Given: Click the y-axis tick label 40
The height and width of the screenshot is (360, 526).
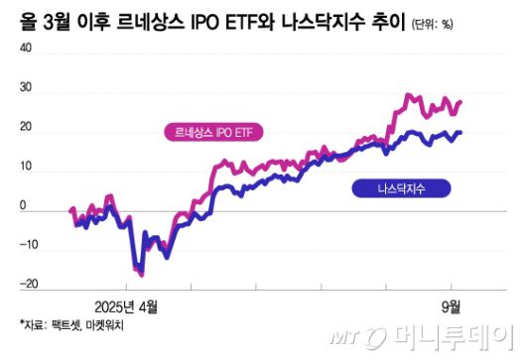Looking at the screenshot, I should tap(25, 48).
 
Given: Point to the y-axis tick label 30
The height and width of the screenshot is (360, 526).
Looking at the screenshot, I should tap(25, 88).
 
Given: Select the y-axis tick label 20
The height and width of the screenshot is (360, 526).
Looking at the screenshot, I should tap(25, 129).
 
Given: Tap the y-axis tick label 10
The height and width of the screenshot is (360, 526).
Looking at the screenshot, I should tap(25, 169).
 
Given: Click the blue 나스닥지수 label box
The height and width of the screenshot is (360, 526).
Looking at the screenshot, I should tap(400, 187).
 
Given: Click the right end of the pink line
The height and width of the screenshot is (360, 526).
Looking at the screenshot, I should tap(460, 101).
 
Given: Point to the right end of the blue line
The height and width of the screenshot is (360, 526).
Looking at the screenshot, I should tap(460, 133).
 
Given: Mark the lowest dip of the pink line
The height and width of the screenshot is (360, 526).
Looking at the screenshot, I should tap(141, 275).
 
